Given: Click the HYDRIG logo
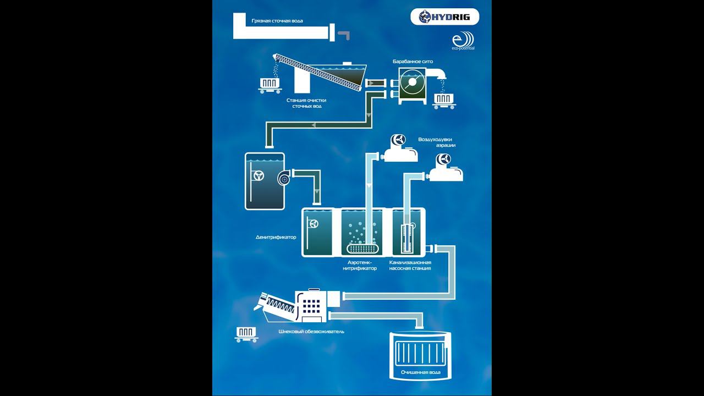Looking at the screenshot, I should (x=444, y=17).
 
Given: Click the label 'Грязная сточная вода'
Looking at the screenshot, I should (x=277, y=21).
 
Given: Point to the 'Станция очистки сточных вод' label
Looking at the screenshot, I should (x=307, y=103).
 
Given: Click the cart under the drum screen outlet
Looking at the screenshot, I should (x=443, y=99).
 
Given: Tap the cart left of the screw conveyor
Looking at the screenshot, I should (x=269, y=84).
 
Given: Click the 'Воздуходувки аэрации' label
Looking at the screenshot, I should (x=437, y=142).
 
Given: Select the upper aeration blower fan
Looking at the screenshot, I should (x=397, y=140).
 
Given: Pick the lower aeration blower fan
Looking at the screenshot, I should (x=443, y=160).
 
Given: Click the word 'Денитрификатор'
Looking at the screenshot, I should (x=276, y=238).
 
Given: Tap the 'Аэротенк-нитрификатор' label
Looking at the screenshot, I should (x=360, y=265).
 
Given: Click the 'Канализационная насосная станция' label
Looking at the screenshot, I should (x=410, y=265).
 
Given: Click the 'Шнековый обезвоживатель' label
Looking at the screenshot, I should (x=311, y=332).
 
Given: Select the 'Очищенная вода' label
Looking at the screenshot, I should (x=420, y=372).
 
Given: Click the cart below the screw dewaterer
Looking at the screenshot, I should (x=246, y=333).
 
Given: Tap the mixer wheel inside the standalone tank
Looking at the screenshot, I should (x=258, y=176).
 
